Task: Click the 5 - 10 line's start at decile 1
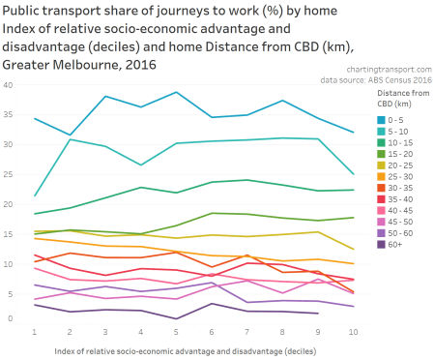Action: [35, 195]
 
